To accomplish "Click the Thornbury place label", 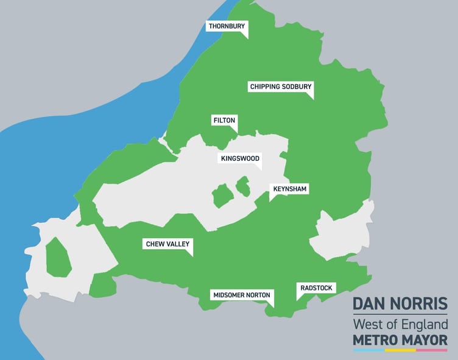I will point(226,26).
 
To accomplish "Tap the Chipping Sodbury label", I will point(280,87).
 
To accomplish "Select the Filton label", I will point(224,120).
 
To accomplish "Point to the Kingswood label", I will point(239,159).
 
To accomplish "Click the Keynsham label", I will point(290,189).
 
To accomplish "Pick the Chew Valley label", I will point(167,244).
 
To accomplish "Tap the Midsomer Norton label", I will point(241,295).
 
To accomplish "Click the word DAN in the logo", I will point(373,304).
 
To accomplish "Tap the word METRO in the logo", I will point(379,339).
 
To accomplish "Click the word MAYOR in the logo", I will point(428,339).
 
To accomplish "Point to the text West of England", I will point(400,323).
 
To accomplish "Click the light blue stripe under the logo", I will point(368,350).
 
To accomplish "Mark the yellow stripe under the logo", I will point(400,350).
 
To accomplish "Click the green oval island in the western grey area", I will point(58,256).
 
